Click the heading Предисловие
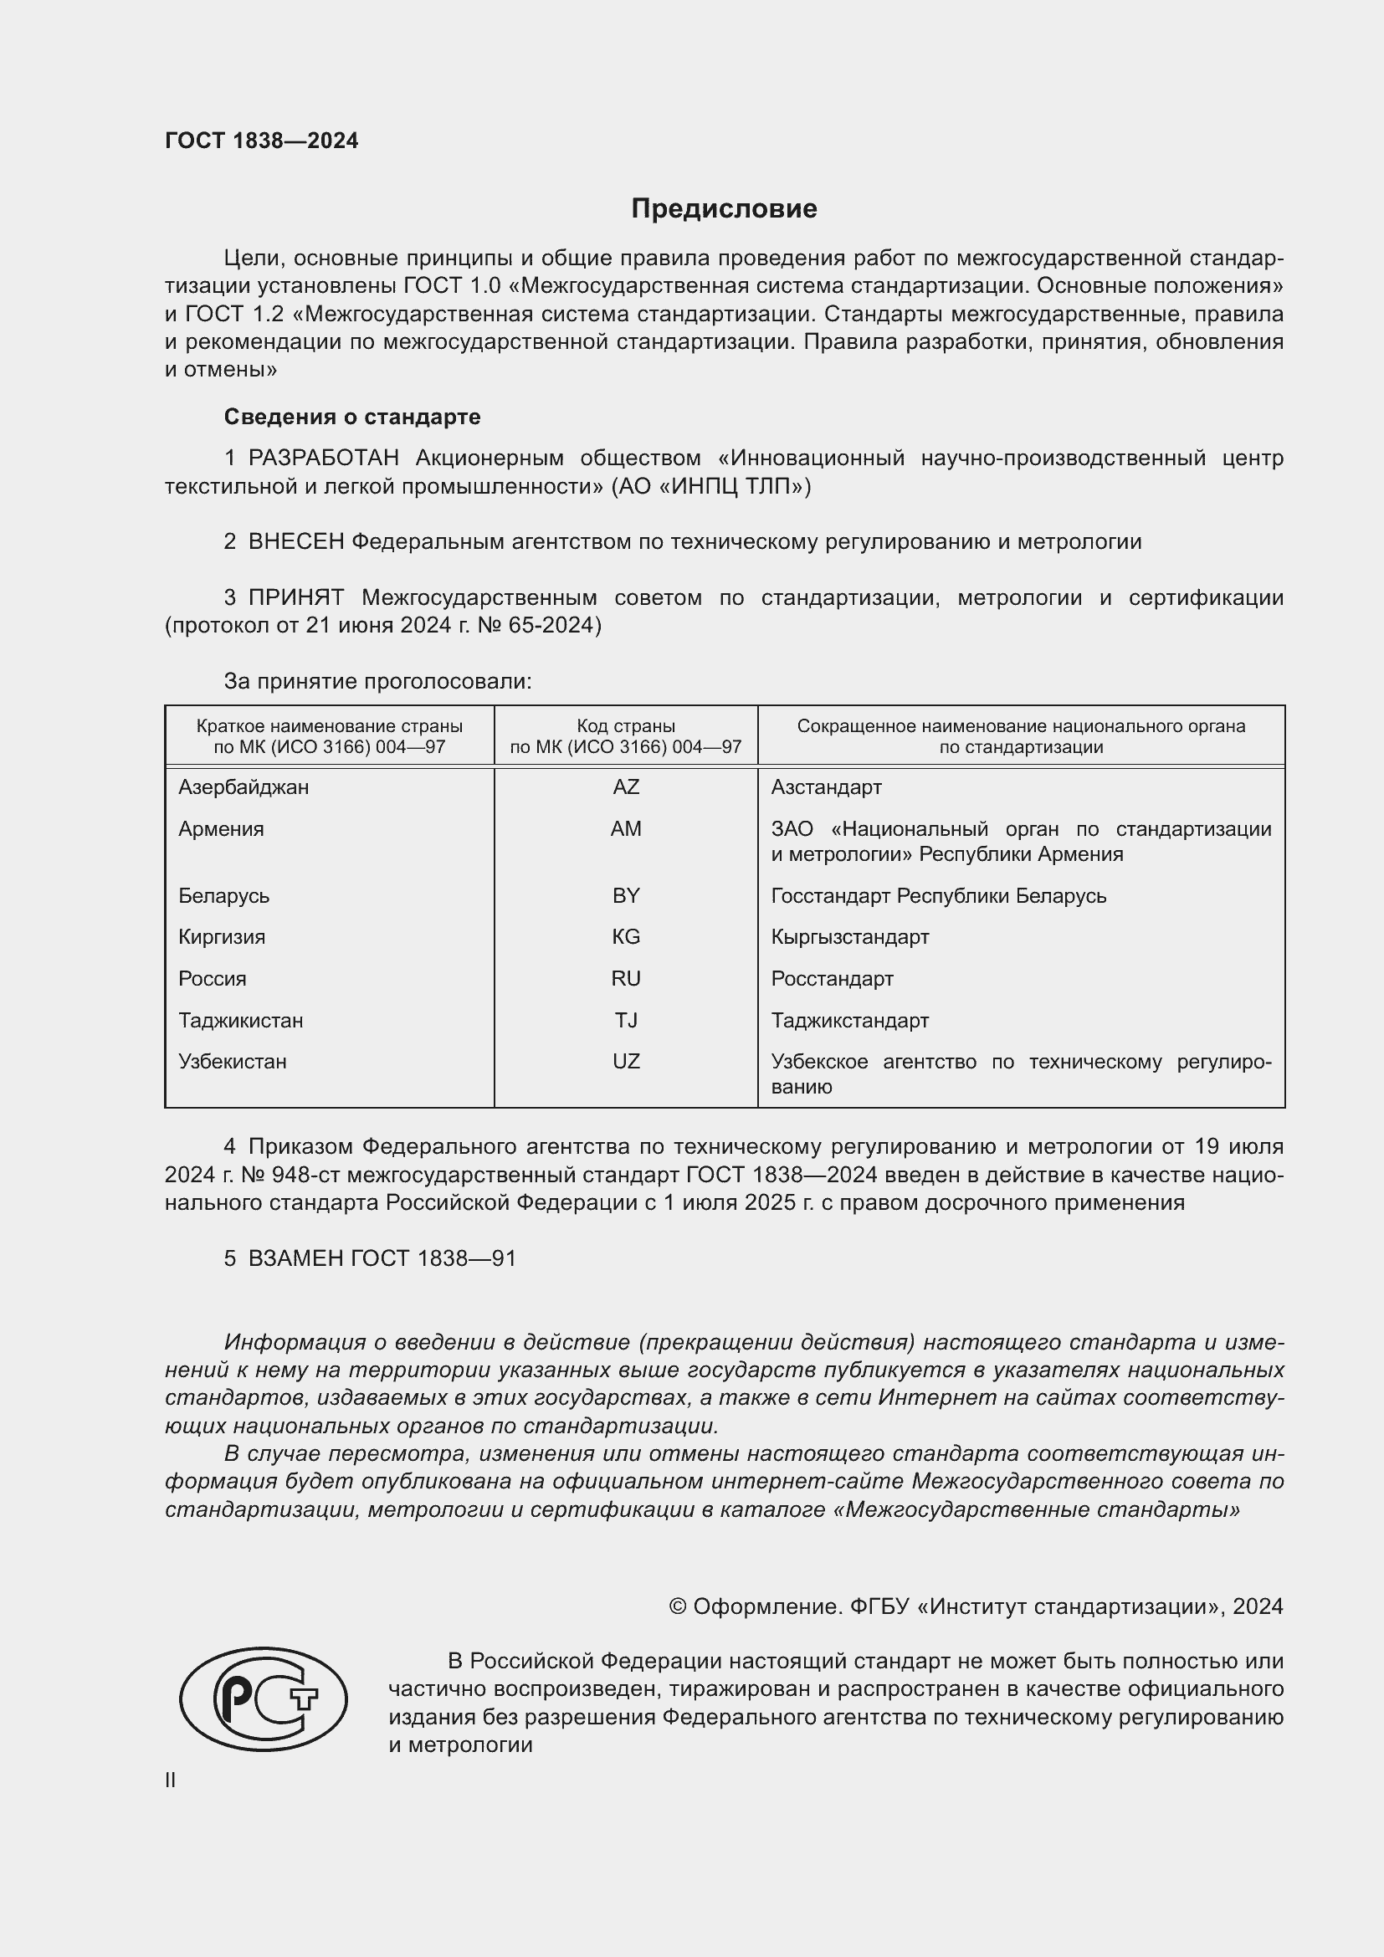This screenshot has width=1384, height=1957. click(x=724, y=209)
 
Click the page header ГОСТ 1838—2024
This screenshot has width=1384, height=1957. click(x=262, y=141)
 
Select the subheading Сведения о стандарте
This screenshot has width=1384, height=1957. click(x=352, y=417)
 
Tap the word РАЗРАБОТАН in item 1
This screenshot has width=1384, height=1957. click(x=323, y=459)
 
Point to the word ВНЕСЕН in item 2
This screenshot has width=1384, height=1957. click(x=295, y=542)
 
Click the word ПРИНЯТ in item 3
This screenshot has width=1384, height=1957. click(x=295, y=597)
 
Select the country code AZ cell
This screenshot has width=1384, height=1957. click(x=626, y=787)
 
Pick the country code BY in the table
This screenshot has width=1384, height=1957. click(x=626, y=896)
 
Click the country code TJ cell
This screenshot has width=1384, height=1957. click(x=626, y=1020)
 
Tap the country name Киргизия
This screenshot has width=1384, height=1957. click(x=222, y=938)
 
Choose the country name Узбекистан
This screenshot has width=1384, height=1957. click(x=232, y=1062)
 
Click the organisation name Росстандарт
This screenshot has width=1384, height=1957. click(x=832, y=980)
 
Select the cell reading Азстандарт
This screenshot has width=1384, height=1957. click(x=826, y=787)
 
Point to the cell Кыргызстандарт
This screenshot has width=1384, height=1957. click(x=849, y=938)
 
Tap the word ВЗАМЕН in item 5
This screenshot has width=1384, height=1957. click(x=295, y=1259)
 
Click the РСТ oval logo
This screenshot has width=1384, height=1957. click(x=264, y=1698)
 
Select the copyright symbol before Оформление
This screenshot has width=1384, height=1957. click(x=678, y=1606)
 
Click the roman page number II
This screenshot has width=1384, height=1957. click(x=171, y=1780)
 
